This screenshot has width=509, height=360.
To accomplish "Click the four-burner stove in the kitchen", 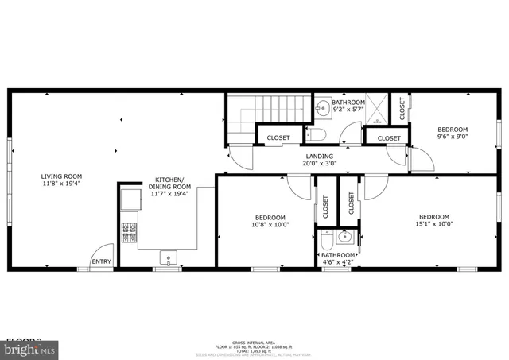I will tap(130, 231).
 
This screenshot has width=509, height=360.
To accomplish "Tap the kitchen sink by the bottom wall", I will tap(168, 257).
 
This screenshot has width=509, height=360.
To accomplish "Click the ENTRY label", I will tap(102, 261).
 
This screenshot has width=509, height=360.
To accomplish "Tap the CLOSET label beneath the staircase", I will tap(278, 138).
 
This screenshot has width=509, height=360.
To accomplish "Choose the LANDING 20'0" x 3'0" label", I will tap(320, 160).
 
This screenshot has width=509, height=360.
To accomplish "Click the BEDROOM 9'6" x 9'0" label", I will tap(453, 133).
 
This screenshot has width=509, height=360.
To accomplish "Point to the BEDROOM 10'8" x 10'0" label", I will tap(270, 221).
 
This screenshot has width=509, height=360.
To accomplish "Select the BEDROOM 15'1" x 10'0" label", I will tap(434, 221).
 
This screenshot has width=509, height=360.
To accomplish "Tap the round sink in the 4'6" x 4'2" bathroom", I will tap(344, 237).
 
